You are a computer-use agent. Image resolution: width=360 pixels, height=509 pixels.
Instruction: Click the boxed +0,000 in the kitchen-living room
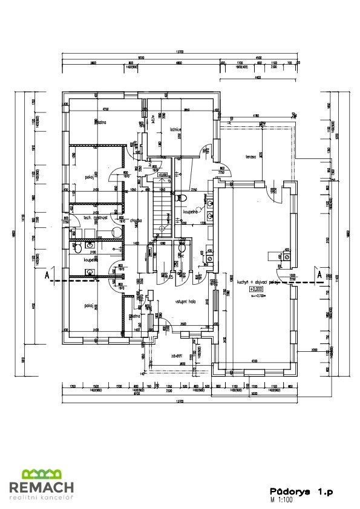tap(258, 290)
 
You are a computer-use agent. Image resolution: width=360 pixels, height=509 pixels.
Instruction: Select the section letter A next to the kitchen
tap(318, 274)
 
